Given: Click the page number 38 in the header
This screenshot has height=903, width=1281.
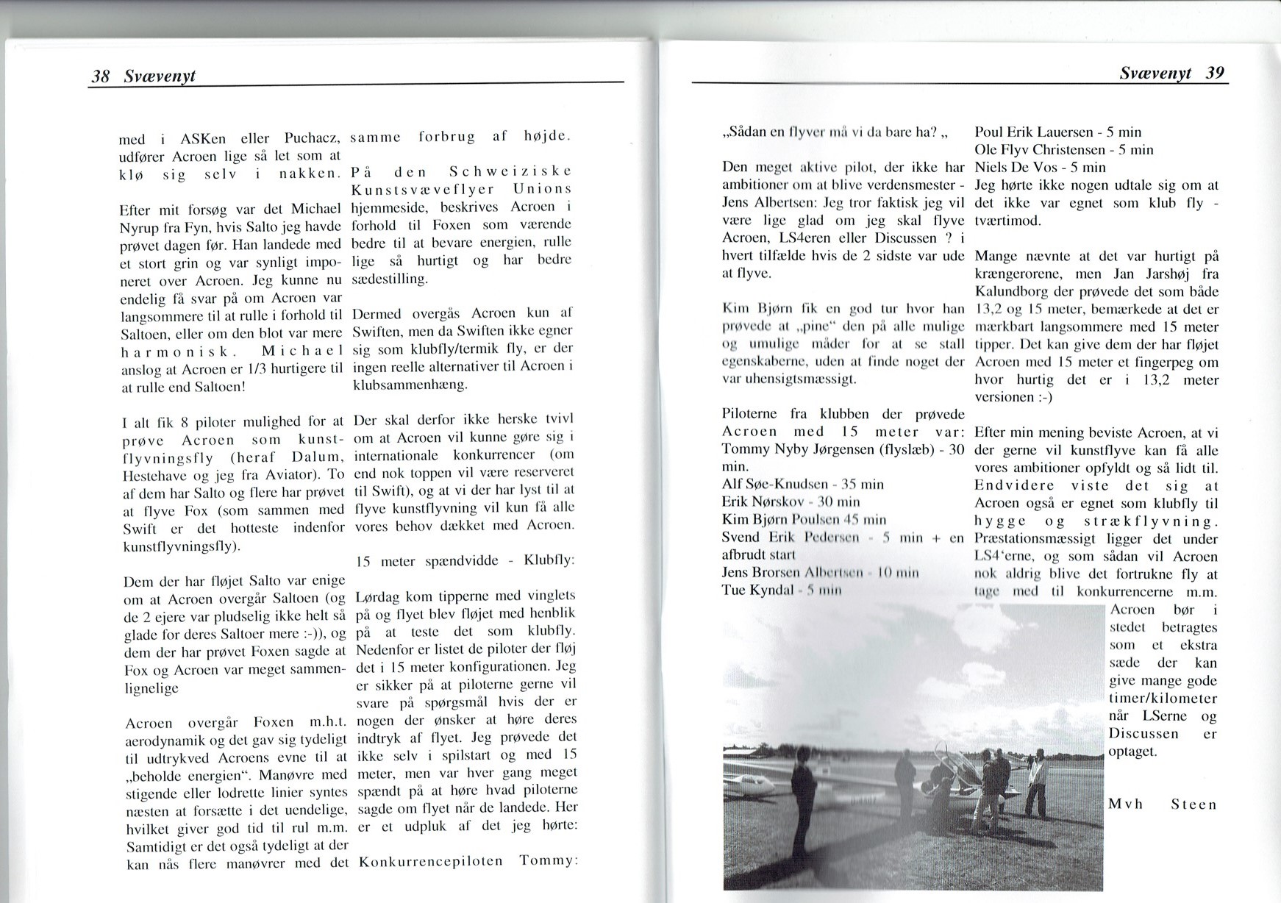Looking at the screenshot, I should point(99,76).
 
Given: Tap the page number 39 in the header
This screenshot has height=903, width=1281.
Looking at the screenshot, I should point(1215,73).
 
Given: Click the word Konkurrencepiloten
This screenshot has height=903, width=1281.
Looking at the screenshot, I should point(430,860).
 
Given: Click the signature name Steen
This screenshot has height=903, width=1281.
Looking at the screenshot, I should point(1193,804).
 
